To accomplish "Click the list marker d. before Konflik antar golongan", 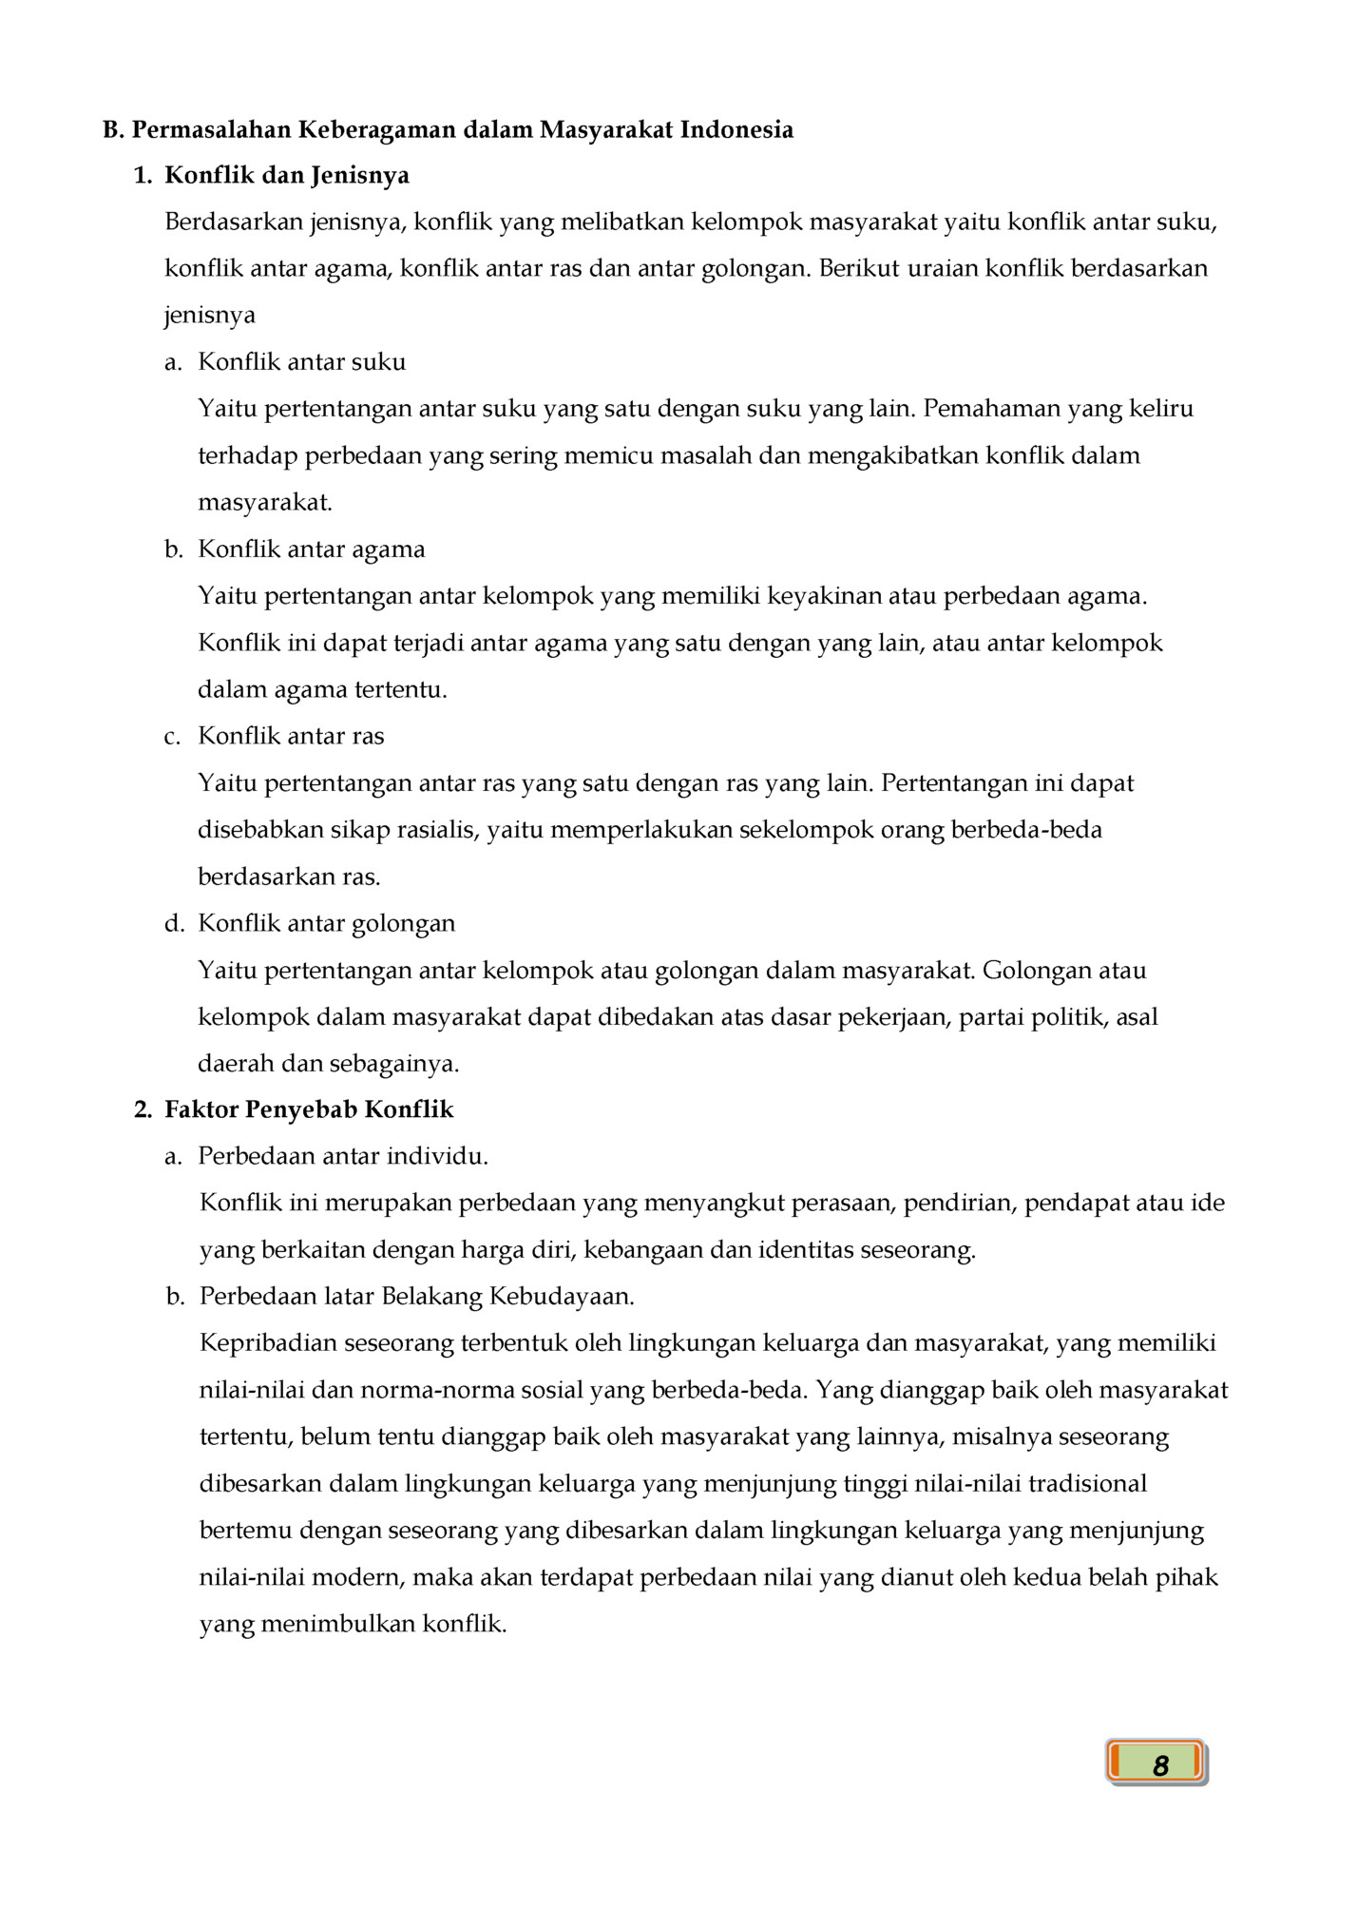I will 174,923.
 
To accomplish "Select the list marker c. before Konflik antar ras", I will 172,737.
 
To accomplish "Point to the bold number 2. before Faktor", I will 143,1109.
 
